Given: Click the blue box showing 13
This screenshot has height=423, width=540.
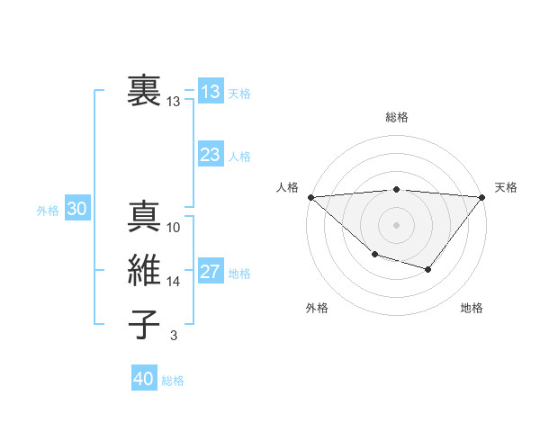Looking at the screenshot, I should (211, 92).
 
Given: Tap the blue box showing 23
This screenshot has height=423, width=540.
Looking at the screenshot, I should (211, 155).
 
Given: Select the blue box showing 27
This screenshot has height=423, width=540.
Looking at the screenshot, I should (211, 272).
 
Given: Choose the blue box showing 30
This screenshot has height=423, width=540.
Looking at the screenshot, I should (76, 209).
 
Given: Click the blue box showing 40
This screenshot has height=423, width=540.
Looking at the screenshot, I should (144, 379).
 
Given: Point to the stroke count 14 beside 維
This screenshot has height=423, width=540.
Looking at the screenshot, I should (174, 282).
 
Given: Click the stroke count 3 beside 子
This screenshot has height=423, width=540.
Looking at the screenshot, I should (173, 337).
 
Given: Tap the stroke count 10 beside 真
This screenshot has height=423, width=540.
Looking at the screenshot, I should (174, 228).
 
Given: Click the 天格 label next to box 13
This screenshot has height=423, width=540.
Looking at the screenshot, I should (239, 94).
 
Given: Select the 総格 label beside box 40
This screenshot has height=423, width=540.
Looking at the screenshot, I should (173, 381).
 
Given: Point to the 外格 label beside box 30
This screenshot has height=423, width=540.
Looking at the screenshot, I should (48, 211).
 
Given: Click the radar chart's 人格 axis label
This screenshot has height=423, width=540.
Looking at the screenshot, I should (288, 187).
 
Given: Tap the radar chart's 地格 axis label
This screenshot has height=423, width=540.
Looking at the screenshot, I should (472, 308).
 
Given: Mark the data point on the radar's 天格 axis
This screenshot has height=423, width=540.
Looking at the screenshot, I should (482, 196).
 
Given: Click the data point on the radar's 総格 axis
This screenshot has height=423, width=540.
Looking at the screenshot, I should (396, 189).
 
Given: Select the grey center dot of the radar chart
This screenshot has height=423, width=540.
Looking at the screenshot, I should (396, 224).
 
